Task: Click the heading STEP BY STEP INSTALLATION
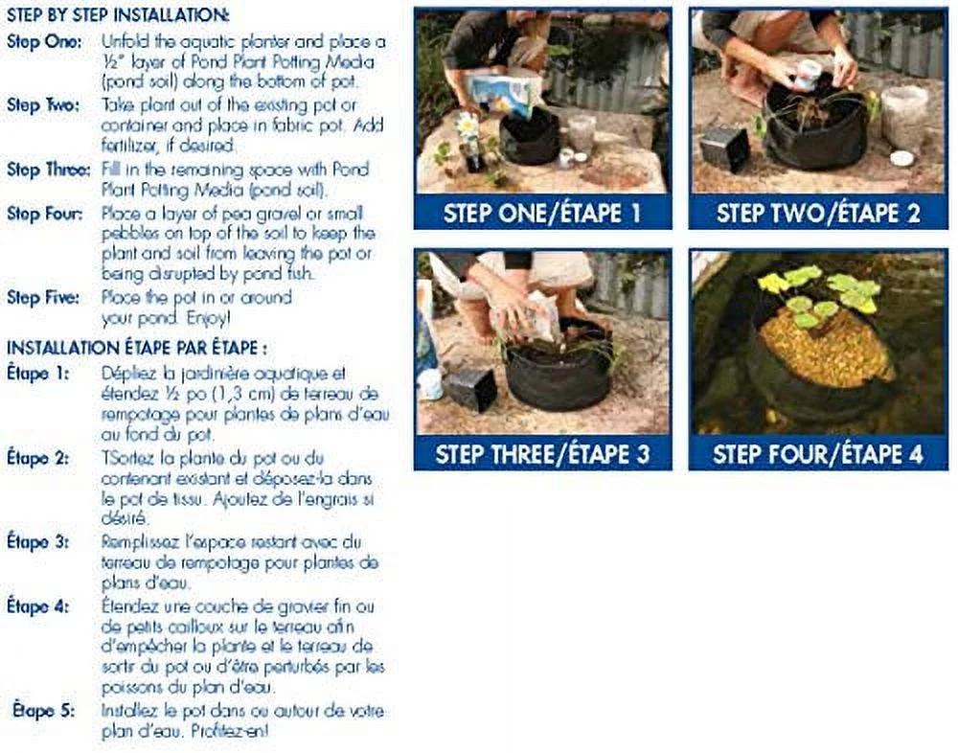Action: tap(118, 16)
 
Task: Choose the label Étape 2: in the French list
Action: tap(38, 457)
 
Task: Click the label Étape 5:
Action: tap(42, 712)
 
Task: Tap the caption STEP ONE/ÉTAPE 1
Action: tap(542, 213)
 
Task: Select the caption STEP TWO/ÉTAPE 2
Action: tap(817, 213)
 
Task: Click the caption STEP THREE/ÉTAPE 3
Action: tap(542, 453)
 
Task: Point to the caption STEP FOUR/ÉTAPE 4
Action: tap(817, 453)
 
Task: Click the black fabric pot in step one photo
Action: tap(530, 137)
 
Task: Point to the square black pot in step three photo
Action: tap(472, 388)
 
